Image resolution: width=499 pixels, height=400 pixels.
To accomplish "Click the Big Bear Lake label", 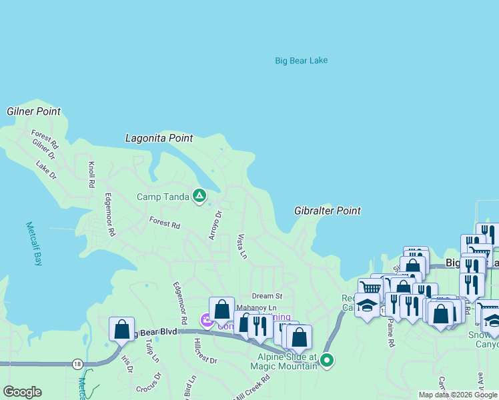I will [x=301, y=61].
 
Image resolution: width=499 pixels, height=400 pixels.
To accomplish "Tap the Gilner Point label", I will [x=34, y=111].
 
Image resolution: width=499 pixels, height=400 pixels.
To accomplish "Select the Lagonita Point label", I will [x=159, y=138].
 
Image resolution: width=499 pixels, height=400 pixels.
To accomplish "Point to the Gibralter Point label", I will [x=327, y=211].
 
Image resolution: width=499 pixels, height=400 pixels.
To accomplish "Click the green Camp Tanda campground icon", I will [x=199, y=195].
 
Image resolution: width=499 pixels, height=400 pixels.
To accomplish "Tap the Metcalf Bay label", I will [x=33, y=243].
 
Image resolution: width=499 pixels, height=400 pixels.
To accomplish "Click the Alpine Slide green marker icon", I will [x=327, y=361].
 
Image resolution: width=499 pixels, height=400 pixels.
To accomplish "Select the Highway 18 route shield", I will [x=77, y=364].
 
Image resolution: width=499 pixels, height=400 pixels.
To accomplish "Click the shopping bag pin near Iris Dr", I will [x=122, y=329].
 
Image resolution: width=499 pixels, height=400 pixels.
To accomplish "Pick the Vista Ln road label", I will [x=241, y=247].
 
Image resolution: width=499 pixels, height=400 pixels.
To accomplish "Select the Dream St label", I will [x=267, y=295].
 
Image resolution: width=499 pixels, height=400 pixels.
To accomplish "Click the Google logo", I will [x=22, y=392].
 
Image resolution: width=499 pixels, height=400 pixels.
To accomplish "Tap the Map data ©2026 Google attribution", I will [x=458, y=395].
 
